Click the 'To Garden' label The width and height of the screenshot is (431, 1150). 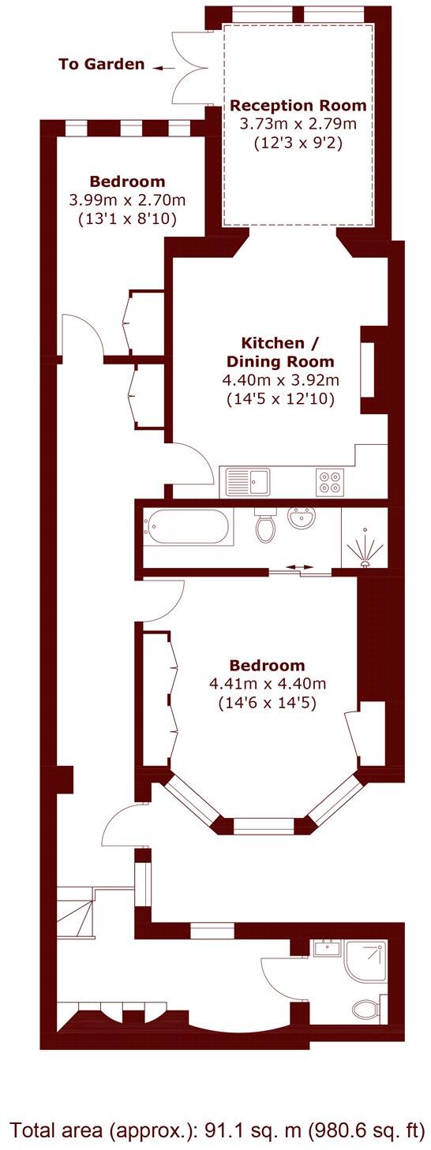[x=101, y=65]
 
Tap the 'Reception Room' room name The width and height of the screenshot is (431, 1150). [x=298, y=106]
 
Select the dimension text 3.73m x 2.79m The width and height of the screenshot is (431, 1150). [x=298, y=124]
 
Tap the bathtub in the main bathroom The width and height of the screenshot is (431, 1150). [x=189, y=528]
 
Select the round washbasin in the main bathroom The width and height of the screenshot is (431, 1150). [x=301, y=519]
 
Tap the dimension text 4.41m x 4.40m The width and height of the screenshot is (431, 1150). [x=266, y=683]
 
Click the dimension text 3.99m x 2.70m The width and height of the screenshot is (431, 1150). [x=127, y=200]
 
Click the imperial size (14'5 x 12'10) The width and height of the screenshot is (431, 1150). [x=281, y=399]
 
